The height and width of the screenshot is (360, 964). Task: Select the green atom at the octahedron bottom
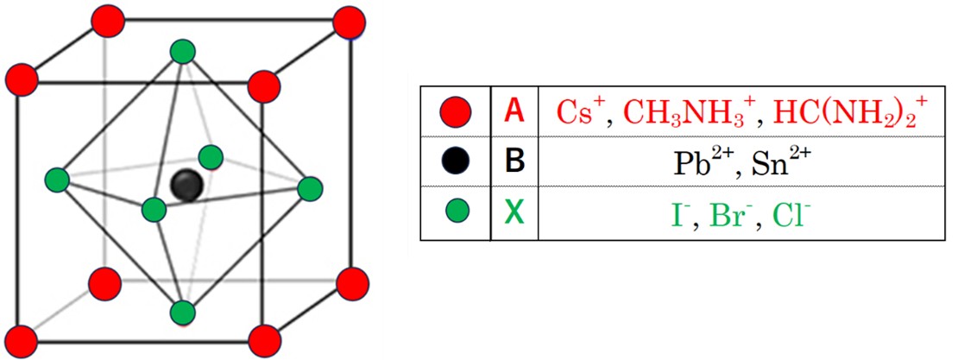point(182,312)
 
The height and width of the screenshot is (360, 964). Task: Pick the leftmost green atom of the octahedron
point(57,180)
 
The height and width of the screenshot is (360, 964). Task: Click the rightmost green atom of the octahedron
point(309,189)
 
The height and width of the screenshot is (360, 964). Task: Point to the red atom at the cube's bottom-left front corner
point(22,341)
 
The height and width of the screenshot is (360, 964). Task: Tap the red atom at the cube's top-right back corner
point(350,22)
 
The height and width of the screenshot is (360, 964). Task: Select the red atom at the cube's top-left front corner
point(22,81)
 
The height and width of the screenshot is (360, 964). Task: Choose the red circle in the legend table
point(454,111)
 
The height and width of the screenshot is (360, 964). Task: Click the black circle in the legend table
point(454,161)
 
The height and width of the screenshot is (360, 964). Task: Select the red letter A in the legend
point(514,111)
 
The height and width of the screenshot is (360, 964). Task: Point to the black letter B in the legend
point(514,161)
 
